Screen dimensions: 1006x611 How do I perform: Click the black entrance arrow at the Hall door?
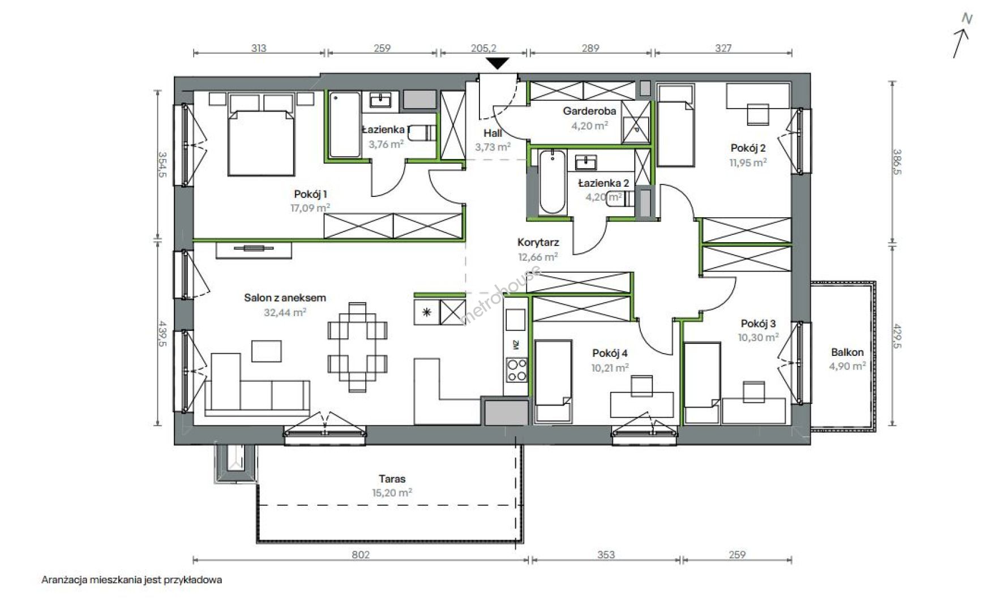498,63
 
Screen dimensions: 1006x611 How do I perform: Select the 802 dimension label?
361,554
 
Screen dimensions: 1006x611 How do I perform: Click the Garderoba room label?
589,111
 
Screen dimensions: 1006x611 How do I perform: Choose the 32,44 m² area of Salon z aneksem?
285,311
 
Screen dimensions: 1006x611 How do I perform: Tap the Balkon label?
847,352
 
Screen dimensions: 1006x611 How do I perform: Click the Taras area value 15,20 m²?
392,492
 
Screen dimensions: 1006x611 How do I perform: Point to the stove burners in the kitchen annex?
516,370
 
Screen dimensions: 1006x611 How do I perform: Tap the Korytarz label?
538,242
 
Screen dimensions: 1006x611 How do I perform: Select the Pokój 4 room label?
610,353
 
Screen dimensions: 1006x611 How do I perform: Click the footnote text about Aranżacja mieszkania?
132,580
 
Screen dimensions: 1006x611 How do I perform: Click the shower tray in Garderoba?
637,121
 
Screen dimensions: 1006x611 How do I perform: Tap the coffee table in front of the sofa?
267,351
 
